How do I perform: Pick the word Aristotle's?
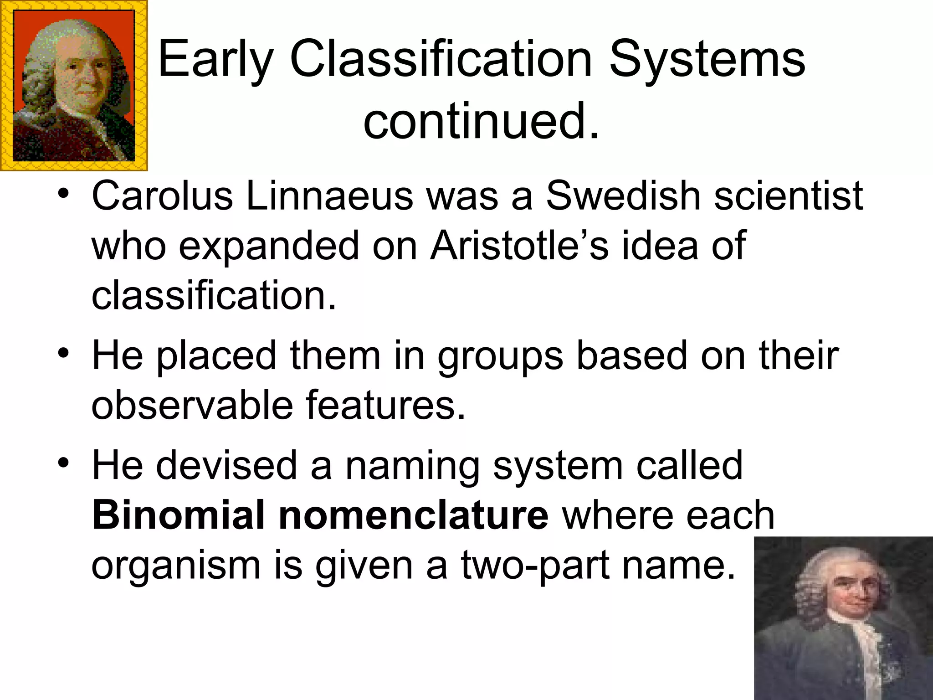pos(519,246)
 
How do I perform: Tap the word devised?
pos(226,466)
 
